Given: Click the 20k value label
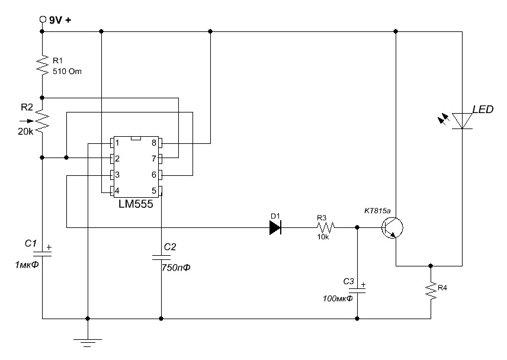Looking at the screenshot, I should [25, 131].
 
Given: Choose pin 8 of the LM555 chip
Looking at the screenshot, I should [159, 143].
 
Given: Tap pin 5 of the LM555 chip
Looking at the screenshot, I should [159, 191].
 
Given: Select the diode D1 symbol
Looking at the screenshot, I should [274, 227].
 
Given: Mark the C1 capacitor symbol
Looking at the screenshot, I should [42, 252].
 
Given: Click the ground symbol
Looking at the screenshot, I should [87, 340].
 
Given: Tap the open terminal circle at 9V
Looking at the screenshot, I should [42, 20].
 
